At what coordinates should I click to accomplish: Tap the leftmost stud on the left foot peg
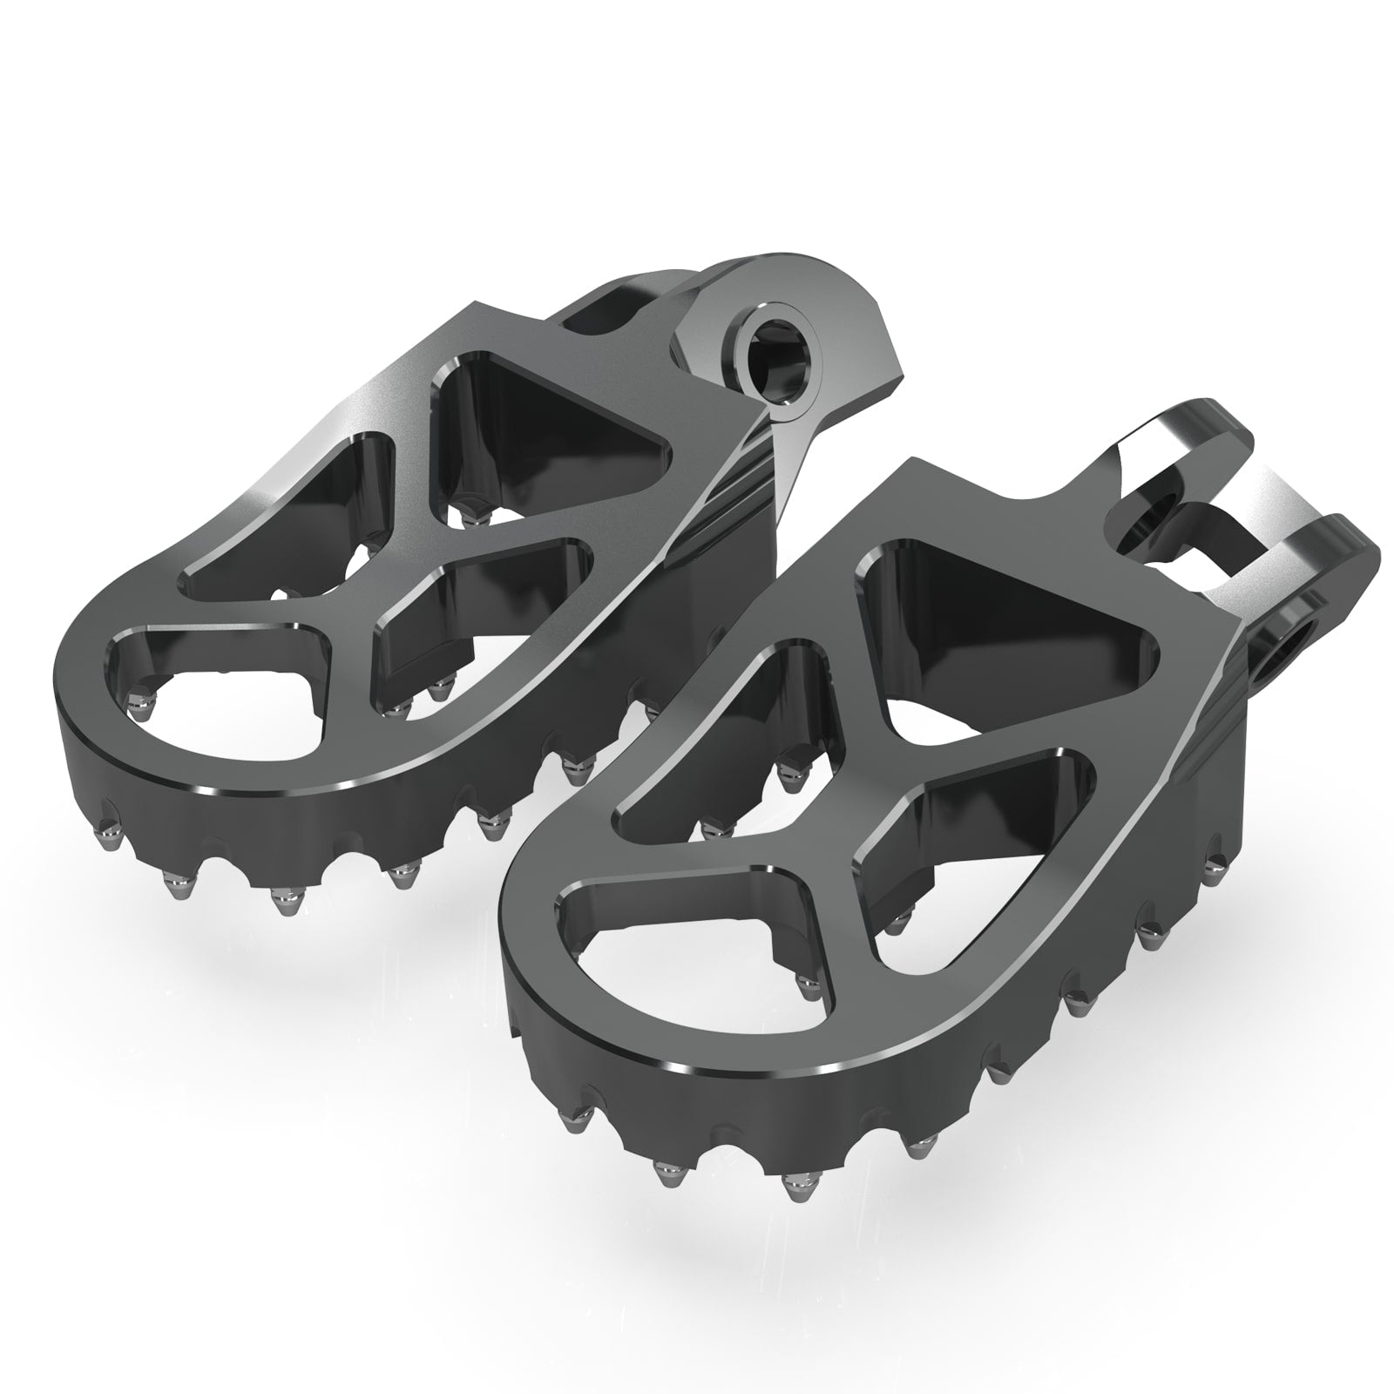click(108, 828)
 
